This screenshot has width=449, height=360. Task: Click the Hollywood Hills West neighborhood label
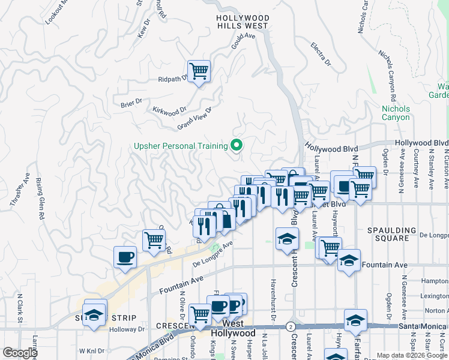242,22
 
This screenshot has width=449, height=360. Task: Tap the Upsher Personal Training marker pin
237,145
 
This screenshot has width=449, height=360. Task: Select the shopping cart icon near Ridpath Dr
199,72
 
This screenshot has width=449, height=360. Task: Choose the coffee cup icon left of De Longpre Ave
125,257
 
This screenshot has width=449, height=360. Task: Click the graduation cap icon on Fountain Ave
349,261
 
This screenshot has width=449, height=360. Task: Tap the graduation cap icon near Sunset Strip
95,314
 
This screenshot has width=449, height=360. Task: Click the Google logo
20,353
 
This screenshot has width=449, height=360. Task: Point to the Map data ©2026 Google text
412,355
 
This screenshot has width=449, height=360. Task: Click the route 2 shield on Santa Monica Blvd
291,326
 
